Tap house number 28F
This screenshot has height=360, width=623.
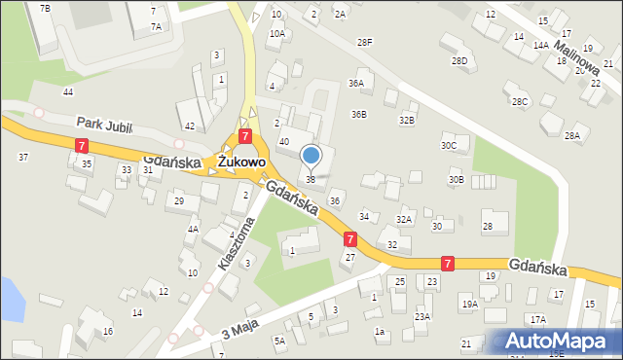pos(364,43)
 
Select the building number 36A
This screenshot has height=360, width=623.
pos(356,84)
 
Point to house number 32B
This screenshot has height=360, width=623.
pos(407,120)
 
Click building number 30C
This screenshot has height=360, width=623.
pos(448,146)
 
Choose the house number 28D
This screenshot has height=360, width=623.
pos(458,61)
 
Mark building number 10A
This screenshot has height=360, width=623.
pos(277,34)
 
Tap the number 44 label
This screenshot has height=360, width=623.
pos(67,91)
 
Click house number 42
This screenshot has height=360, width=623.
pos(190,127)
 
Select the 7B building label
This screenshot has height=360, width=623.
pos(45,8)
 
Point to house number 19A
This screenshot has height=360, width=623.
pos(470,305)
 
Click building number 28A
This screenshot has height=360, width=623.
pos(571,136)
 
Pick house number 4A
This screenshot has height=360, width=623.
pos(193,230)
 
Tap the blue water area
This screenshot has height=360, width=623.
pos(10,298)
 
